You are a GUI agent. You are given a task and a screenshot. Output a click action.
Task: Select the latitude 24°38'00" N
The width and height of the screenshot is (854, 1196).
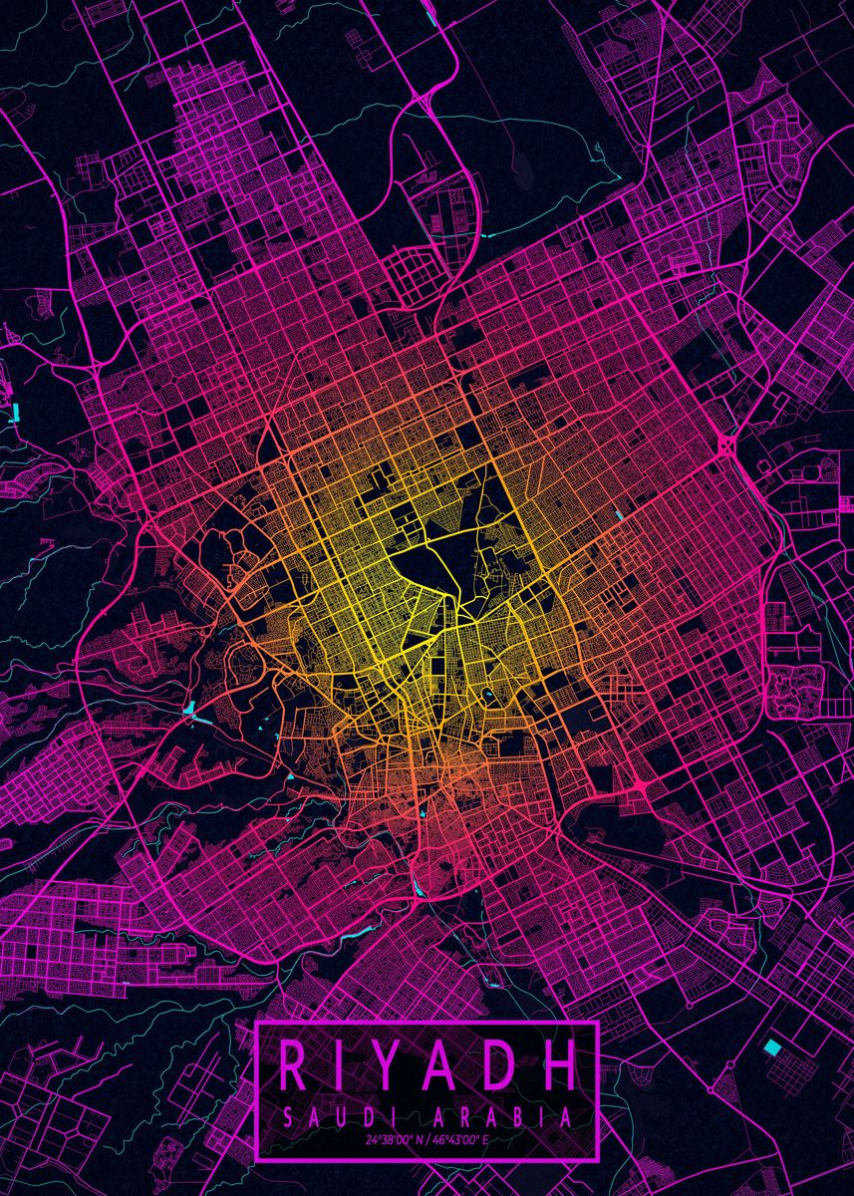(x=395, y=1138)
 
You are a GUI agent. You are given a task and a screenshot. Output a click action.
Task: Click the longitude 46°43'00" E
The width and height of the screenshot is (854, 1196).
(x=464, y=1138)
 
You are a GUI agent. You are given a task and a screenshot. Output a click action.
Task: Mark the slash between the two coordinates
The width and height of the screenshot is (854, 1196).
(x=428, y=1138)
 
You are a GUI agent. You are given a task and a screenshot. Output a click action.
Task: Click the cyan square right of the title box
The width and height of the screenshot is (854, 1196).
(x=772, y=1046)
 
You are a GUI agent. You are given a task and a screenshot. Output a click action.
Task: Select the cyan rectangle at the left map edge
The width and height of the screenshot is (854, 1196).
(x=16, y=410)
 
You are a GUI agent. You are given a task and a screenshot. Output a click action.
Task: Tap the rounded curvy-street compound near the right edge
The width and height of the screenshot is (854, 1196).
(x=795, y=688)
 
